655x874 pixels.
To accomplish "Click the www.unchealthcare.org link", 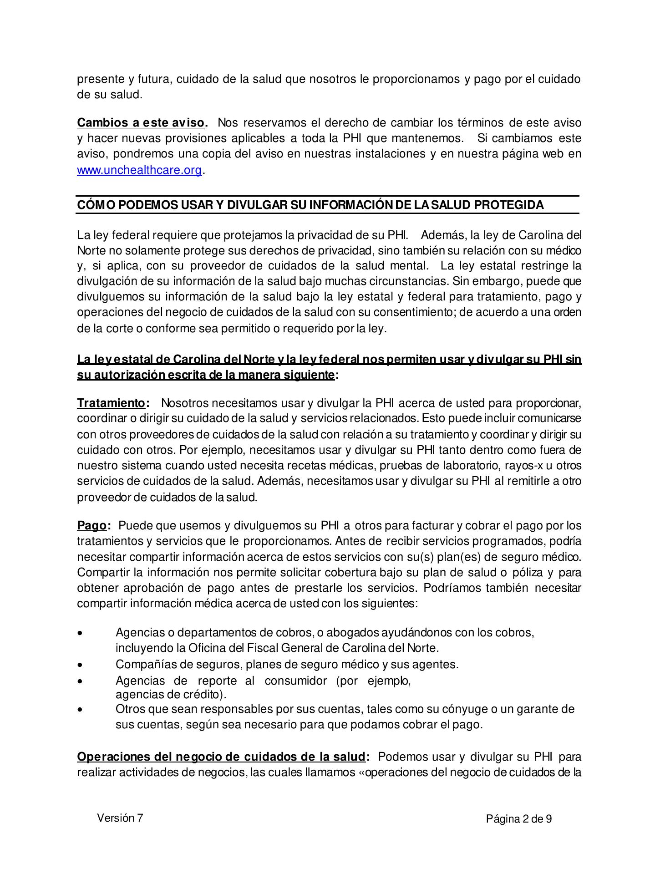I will point(139,170).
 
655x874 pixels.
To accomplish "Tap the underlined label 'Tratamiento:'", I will point(113,403).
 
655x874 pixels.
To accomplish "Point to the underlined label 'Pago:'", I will point(93,526).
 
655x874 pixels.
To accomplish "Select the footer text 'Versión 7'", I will point(120,818).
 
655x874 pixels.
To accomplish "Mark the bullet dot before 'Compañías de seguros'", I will point(81,666).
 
